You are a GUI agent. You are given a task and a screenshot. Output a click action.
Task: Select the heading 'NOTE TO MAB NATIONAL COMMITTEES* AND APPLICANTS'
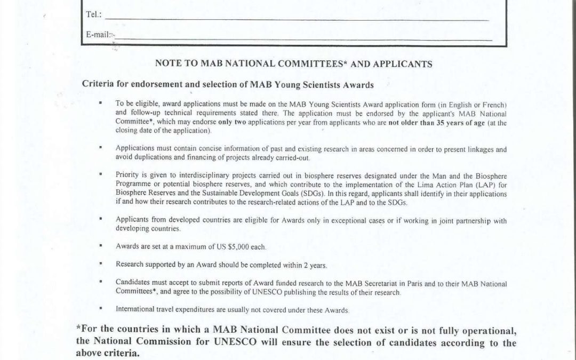coord(293,63)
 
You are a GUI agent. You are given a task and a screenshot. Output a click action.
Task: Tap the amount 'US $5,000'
coord(251,247)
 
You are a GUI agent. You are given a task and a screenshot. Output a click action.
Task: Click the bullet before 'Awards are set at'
coord(101,246)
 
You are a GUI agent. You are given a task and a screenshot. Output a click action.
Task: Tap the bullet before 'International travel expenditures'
coord(101,308)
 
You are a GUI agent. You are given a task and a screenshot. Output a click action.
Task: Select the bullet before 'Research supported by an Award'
coord(101,264)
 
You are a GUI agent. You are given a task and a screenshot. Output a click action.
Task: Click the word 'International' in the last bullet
coord(132,309)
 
